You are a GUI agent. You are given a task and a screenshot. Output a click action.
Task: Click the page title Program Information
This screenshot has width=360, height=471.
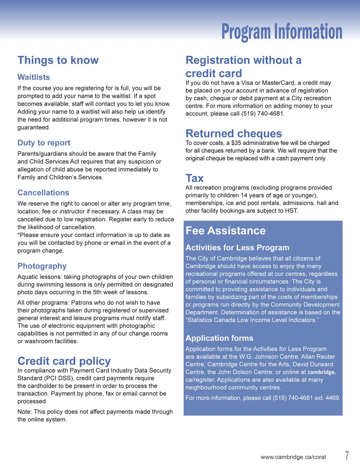(282, 32)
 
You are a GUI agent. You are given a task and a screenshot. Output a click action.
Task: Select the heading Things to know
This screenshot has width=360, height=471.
(58, 60)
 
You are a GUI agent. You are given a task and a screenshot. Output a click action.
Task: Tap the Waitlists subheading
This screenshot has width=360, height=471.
(34, 77)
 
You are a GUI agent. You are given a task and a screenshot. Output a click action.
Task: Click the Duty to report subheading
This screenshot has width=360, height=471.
(44, 143)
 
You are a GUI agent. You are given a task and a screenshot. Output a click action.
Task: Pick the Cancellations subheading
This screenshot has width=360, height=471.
(43, 192)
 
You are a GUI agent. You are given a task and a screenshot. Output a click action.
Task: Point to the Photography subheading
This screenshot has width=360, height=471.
(42, 266)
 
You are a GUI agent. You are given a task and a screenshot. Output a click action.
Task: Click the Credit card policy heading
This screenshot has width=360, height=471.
(64, 361)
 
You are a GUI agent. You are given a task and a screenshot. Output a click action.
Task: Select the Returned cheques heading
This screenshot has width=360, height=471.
(234, 133)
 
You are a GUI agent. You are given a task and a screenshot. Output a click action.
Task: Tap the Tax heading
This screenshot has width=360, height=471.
(194, 178)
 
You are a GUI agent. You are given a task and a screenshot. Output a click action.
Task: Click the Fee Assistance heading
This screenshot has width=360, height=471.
(226, 231)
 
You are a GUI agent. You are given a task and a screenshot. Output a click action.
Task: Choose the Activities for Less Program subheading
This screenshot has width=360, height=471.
(237, 247)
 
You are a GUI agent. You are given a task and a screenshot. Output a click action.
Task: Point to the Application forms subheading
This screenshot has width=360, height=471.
(219, 338)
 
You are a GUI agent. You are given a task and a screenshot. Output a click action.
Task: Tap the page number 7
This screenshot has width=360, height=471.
(347, 456)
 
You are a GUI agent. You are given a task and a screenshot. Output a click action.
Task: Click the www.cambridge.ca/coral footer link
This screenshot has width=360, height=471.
(293, 457)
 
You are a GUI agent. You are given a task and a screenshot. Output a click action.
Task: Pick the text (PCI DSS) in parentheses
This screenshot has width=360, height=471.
(59, 378)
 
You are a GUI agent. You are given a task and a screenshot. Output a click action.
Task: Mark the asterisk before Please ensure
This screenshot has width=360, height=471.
(19, 234)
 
